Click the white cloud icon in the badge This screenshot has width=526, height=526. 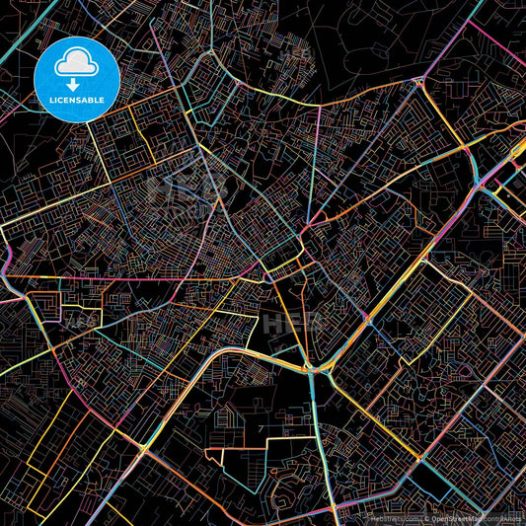coord(76,60)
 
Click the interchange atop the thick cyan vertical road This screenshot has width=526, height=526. coord(312,368)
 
